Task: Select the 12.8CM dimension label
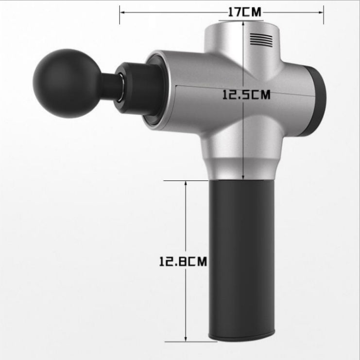point(183,261)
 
